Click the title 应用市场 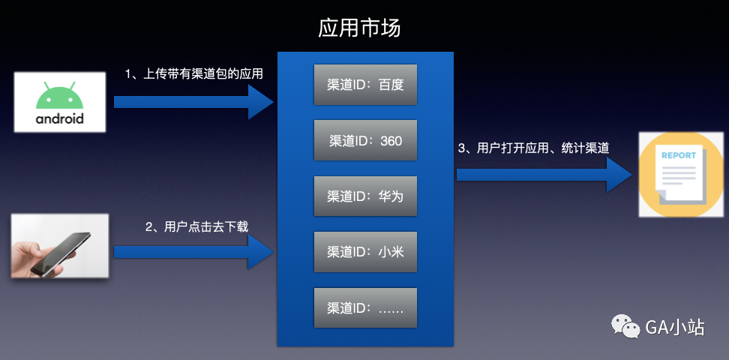(359, 28)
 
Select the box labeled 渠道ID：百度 (365, 85)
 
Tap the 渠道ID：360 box (365, 140)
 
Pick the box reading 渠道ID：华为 (365, 196)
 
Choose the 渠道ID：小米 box (365, 251)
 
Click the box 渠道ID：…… (365, 307)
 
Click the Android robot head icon (60, 96)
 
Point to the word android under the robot (59, 119)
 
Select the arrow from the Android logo (193, 101)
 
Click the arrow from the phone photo (193, 251)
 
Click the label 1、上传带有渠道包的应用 (193, 74)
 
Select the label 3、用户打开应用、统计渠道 (532, 148)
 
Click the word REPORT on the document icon (678, 156)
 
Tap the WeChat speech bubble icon (625, 326)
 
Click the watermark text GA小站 (674, 327)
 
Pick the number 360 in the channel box (391, 141)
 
